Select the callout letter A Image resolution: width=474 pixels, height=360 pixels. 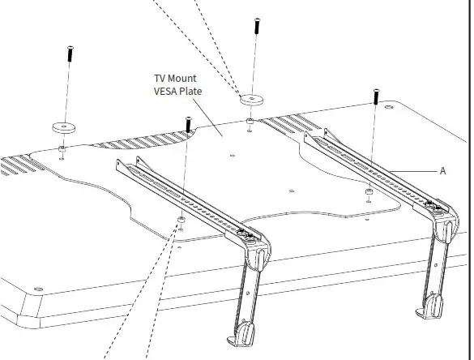(x=442, y=171)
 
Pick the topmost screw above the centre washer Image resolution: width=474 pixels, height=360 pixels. (x=256, y=25)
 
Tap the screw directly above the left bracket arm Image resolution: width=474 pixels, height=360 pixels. (x=188, y=126)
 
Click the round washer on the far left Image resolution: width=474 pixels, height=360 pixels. (x=62, y=127)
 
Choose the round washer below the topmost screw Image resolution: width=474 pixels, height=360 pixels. (x=251, y=100)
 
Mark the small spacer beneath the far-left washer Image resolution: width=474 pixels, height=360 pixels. (x=62, y=149)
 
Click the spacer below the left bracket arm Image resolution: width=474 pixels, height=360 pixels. (x=181, y=220)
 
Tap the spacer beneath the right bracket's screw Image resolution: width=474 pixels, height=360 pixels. (x=369, y=192)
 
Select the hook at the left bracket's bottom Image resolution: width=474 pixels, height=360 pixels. (x=243, y=332)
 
